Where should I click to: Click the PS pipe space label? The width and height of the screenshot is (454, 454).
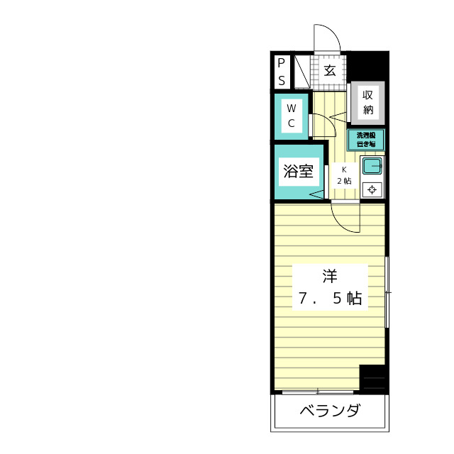tap(282, 72)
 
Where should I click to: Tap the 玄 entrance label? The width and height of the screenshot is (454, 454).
tap(330, 70)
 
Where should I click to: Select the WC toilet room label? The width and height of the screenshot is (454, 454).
tap(292, 116)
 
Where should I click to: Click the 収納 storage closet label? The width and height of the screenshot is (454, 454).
tap(368, 102)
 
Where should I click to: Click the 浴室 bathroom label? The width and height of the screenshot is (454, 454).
tap(298, 171)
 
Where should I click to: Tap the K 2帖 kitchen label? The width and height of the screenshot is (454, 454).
tap(344, 175)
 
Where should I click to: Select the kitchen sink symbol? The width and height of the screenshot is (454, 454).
tap(372, 167)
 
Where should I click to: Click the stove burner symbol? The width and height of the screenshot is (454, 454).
tap(372, 189)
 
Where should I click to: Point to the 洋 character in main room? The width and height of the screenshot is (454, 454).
tap(328, 275)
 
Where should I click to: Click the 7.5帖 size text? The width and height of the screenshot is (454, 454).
tap(330, 299)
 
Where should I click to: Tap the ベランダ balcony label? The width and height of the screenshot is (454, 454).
tap(328, 411)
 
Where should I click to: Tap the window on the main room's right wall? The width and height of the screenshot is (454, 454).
tap(387, 292)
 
